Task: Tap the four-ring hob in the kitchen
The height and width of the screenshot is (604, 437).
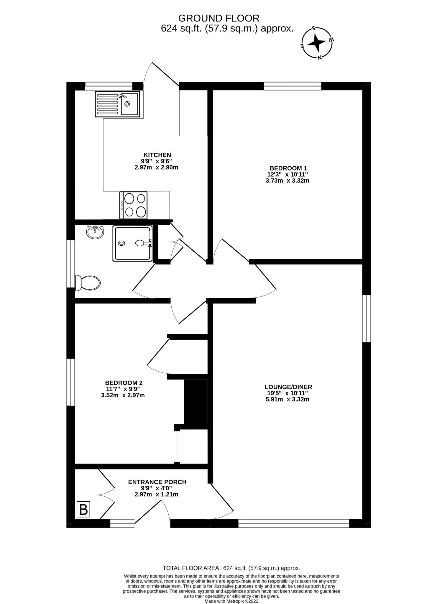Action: (133, 205)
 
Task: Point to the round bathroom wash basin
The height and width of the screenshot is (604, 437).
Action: (95, 232)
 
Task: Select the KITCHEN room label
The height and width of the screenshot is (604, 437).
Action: (157, 155)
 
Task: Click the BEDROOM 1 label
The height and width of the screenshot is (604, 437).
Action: (287, 168)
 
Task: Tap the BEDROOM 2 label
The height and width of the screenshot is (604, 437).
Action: (124, 383)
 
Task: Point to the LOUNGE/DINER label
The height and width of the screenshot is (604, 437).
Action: (288, 387)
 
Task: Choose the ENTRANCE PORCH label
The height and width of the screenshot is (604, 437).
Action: (157, 482)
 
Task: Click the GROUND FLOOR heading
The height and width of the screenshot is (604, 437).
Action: (218, 18)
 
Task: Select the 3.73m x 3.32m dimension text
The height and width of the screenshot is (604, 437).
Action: (287, 180)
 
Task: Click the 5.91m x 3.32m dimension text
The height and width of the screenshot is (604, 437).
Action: (287, 400)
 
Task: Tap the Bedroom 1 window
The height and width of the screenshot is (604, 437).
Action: (292, 86)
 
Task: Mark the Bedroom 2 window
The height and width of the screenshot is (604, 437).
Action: (71, 382)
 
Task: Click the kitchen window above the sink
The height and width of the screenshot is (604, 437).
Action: (109, 86)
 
